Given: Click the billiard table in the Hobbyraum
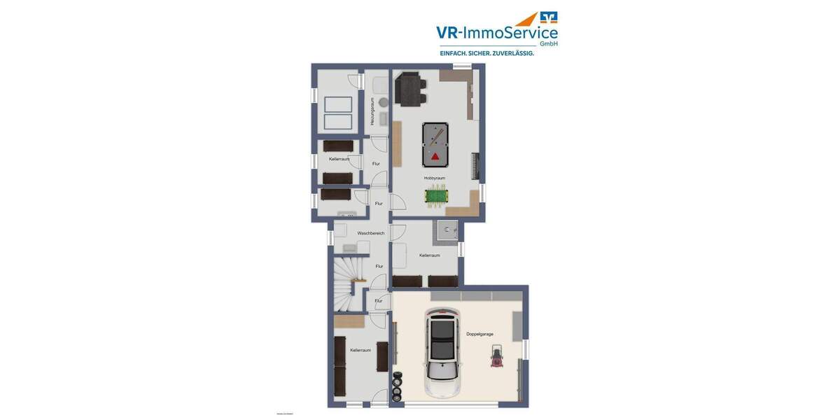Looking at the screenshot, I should tap(435, 143).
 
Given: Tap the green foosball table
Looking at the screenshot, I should tap(435, 197).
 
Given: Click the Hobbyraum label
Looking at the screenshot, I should tap(434, 178).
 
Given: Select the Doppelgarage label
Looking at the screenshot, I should tap(479, 334).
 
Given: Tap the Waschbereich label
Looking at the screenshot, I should tap(370, 233).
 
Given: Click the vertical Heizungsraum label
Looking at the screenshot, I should tap(373, 111).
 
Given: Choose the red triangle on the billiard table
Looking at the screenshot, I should tap(435, 155).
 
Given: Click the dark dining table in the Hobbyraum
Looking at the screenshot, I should tap(409, 90).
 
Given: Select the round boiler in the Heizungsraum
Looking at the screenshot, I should tap(384, 102).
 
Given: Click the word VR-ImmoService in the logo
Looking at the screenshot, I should tap(496, 33).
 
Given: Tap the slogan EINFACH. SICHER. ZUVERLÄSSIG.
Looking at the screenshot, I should tap(486, 53).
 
